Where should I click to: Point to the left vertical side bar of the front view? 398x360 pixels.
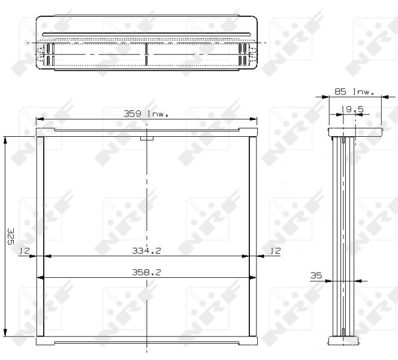(x=41, y=237)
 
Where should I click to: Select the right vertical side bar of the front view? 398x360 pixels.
(x=253, y=237)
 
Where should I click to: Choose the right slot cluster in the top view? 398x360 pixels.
(x=243, y=54)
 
